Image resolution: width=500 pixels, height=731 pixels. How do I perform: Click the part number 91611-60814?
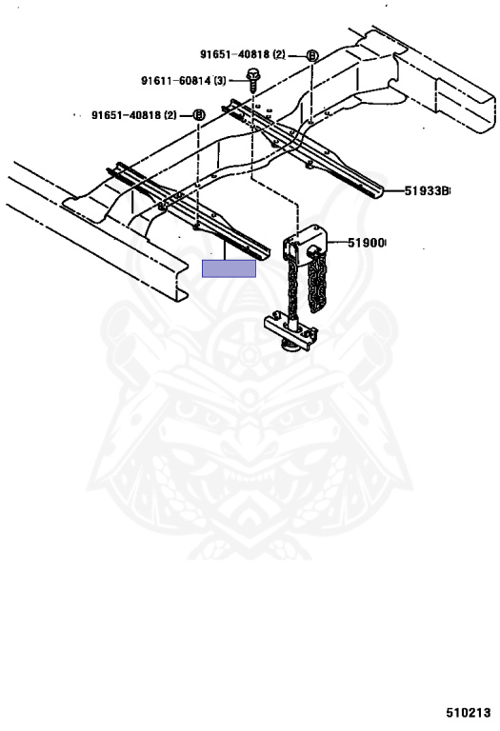[x=176, y=81]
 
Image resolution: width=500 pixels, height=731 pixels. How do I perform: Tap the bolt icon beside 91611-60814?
[x=252, y=81]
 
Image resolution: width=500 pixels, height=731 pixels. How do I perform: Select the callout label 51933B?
[x=427, y=190]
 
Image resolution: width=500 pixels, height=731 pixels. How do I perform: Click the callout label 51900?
[x=367, y=243]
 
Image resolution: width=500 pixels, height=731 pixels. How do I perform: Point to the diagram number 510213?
[x=468, y=712]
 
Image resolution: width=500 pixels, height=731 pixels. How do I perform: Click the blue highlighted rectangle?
[x=229, y=268]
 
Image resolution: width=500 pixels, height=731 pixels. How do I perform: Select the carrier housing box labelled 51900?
[x=306, y=246]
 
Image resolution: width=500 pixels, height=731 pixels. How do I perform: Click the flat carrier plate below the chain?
[x=291, y=329]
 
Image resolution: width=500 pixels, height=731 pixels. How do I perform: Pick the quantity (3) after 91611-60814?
[x=220, y=81]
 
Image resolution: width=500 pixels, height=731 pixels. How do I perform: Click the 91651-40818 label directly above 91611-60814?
[x=235, y=54]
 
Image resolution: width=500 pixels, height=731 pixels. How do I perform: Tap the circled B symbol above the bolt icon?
[x=312, y=56]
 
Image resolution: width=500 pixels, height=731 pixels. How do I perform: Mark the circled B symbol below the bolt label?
[x=199, y=114]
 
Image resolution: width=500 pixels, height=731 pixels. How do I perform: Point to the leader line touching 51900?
[x=337, y=243]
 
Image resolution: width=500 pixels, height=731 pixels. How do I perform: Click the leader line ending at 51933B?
[x=393, y=190]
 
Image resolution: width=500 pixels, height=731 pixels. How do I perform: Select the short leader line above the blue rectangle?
[x=226, y=249]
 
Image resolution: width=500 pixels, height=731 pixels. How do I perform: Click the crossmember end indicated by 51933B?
[x=373, y=189]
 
